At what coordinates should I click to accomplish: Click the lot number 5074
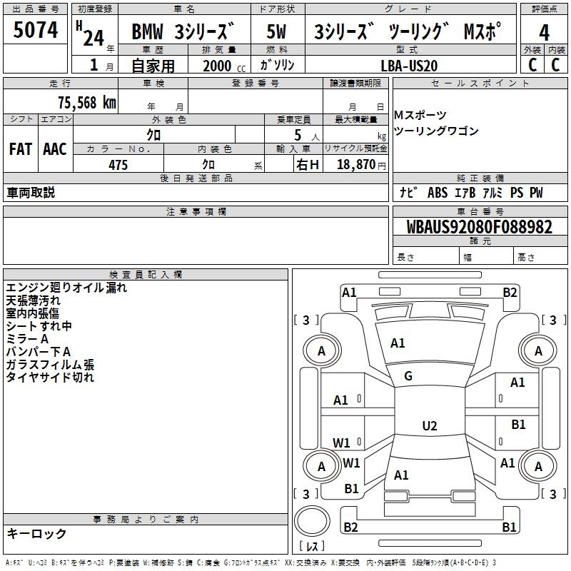coord(36,30)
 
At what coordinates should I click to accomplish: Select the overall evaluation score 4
coord(545,33)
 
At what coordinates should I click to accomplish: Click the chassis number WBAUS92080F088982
coord(479,228)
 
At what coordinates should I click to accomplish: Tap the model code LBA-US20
coord(410,65)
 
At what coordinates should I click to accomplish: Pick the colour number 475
coord(118,165)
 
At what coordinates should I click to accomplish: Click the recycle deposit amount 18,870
coord(356,165)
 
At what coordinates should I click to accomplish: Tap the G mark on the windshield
coord(408,376)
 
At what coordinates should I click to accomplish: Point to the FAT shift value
coord(20,149)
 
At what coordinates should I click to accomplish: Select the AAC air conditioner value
coord(55,149)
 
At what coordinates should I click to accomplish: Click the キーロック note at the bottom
coord(36,533)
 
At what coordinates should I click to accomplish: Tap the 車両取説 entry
coord(31,193)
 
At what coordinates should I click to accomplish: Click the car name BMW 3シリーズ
coord(183,33)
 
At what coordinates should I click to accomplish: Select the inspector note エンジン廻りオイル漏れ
coord(66,288)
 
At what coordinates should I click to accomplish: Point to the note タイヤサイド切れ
coord(50,378)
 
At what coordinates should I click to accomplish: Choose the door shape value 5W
coord(277,33)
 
